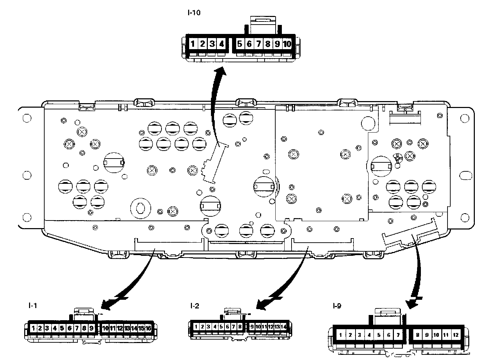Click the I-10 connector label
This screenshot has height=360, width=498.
click(194, 13)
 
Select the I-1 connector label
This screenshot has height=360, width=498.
click(33, 305)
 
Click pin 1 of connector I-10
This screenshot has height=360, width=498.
click(193, 44)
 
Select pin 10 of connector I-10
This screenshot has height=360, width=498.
click(287, 44)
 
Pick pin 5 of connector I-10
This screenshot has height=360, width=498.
click(239, 44)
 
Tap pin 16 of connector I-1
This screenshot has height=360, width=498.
click(148, 328)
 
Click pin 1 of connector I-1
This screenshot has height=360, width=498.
click(33, 328)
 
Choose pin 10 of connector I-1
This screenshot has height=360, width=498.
click(105, 328)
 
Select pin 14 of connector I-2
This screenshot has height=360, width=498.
click(284, 326)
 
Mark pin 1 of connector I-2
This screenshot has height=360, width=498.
click(196, 326)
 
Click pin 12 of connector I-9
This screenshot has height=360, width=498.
click(456, 335)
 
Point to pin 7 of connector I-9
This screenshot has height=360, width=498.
click(398, 335)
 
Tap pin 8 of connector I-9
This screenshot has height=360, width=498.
click(418, 335)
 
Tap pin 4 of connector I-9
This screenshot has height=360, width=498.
click(369, 335)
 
